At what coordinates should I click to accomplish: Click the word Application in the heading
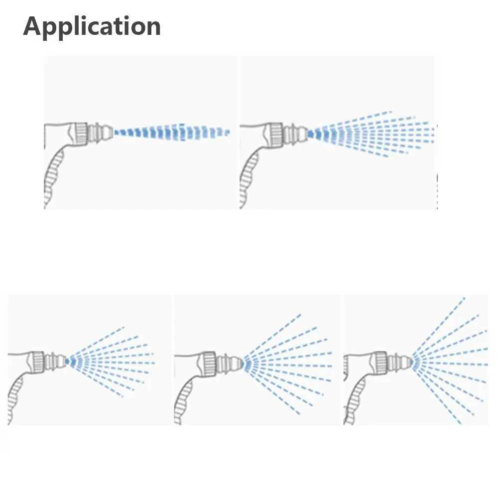point(92,26)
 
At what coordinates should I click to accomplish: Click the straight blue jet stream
point(169,132)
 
